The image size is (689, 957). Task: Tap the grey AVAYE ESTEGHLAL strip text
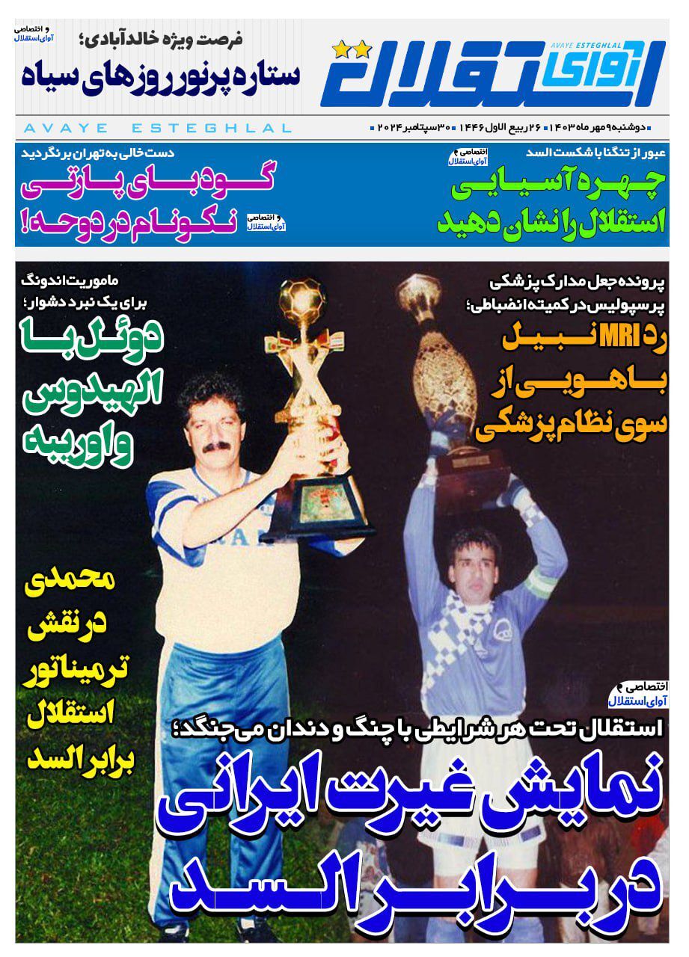[x=157, y=129]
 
